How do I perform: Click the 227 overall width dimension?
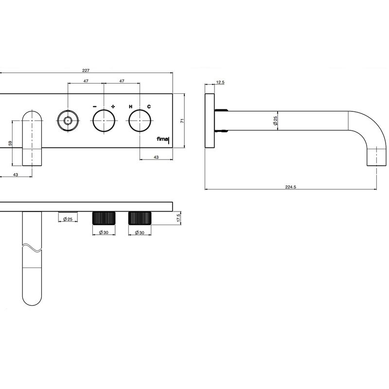(x=86, y=71)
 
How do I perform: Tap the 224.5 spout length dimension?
(x=290, y=187)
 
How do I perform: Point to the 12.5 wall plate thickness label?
(x=220, y=82)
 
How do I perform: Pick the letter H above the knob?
(x=130, y=106)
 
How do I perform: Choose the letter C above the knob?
(x=149, y=106)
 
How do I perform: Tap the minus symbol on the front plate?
(x=95, y=106)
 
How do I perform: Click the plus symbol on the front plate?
(x=113, y=106)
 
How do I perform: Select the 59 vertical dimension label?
(x=10, y=143)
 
